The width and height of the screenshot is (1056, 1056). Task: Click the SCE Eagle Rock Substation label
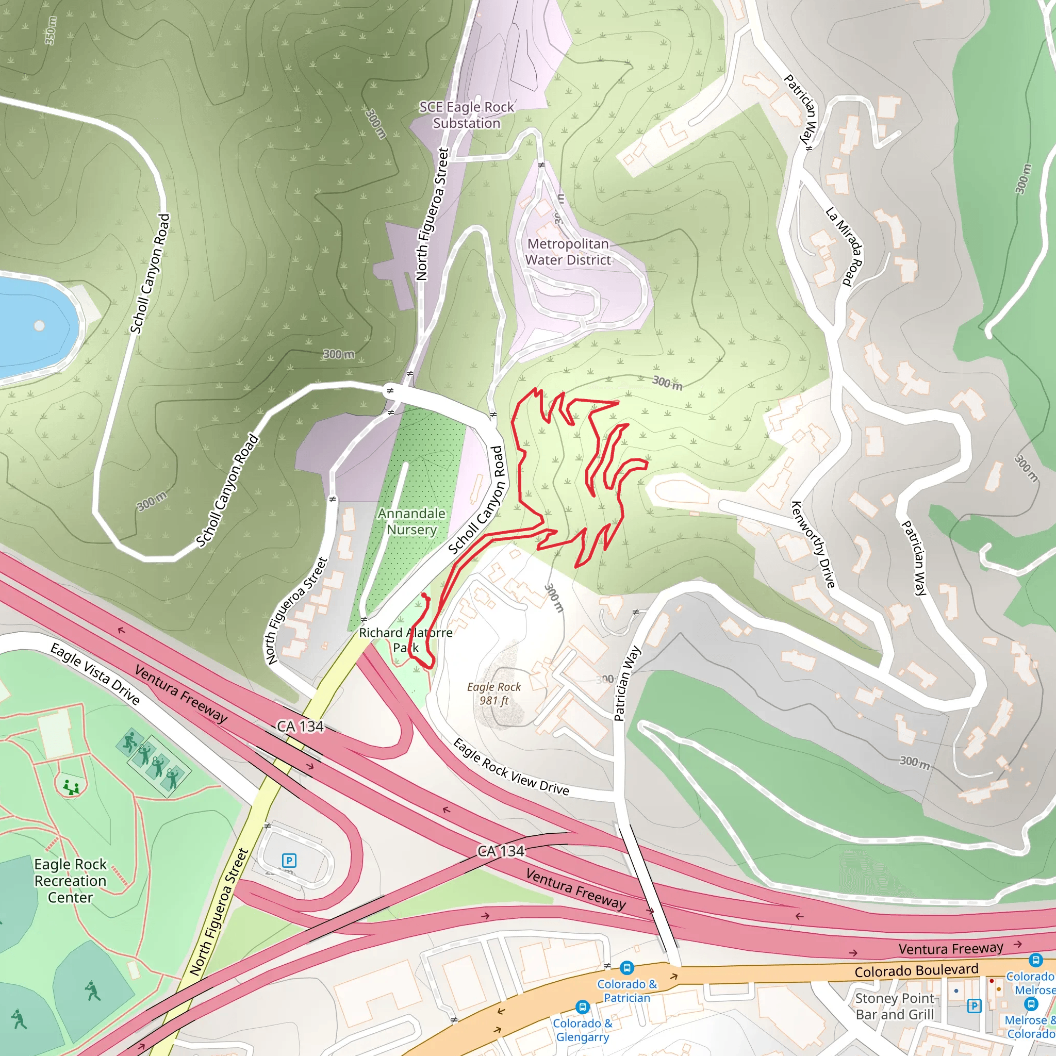[x=466, y=115]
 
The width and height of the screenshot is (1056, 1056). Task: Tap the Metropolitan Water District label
[x=568, y=252]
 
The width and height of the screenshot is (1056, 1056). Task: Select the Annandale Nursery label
[x=411, y=521]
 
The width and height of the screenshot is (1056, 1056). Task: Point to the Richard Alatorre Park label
[x=406, y=640]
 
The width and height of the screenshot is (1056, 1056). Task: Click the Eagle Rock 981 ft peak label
[x=494, y=694]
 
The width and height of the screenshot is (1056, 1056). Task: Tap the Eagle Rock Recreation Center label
[x=70, y=881]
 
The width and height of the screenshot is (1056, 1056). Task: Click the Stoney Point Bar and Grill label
[x=895, y=1006]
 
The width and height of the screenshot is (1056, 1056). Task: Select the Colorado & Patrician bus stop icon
[x=627, y=968]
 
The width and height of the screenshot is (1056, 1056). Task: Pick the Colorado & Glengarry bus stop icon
[x=583, y=1007]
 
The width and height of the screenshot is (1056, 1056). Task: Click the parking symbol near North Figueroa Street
[x=289, y=861]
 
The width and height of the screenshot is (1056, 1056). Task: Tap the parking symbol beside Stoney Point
[x=974, y=1005]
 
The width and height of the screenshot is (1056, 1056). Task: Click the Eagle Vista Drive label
[x=95, y=674]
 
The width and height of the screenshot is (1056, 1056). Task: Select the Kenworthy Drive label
[x=813, y=544]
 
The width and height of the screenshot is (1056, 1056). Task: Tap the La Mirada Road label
[x=844, y=246]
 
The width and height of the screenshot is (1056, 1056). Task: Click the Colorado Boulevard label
[x=916, y=971]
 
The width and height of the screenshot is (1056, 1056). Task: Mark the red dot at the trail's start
[x=424, y=595]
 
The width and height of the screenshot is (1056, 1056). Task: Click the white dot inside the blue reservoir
[x=39, y=326]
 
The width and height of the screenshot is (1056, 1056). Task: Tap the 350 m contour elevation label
[x=51, y=30]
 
